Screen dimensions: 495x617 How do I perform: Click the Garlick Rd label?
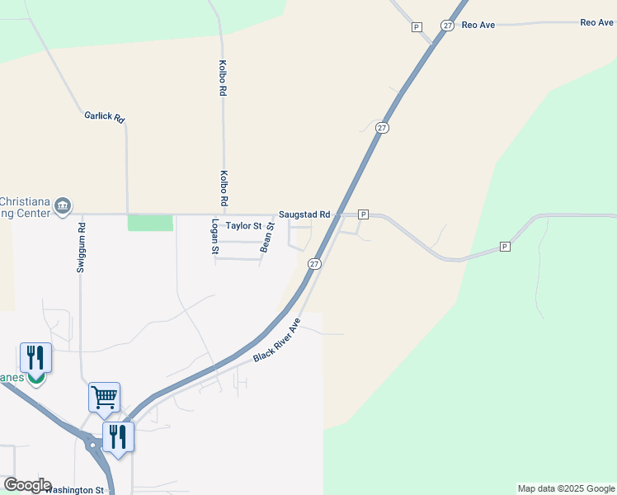click(x=104, y=117)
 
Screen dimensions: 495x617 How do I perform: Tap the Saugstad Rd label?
click(x=304, y=214)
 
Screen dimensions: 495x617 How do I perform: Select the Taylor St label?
click(x=243, y=225)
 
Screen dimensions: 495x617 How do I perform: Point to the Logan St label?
click(x=215, y=236)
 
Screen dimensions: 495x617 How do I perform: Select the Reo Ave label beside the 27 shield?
click(x=478, y=25)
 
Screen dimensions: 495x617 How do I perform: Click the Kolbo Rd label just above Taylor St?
click(x=224, y=188)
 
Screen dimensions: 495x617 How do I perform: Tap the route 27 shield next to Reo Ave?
click(x=447, y=26)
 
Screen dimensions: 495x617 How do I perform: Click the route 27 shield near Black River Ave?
click(x=314, y=263)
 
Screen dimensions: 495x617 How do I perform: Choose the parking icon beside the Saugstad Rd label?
click(x=362, y=214)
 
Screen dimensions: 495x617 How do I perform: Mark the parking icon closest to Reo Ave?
click(x=417, y=27)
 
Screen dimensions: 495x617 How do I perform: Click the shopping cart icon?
click(x=105, y=397)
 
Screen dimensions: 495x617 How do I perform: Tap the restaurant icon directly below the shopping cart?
click(x=119, y=437)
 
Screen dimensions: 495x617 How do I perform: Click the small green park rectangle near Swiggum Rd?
click(x=150, y=223)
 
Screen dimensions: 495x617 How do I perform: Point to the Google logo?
click(x=27, y=485)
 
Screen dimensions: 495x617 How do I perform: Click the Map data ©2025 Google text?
click(x=566, y=488)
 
